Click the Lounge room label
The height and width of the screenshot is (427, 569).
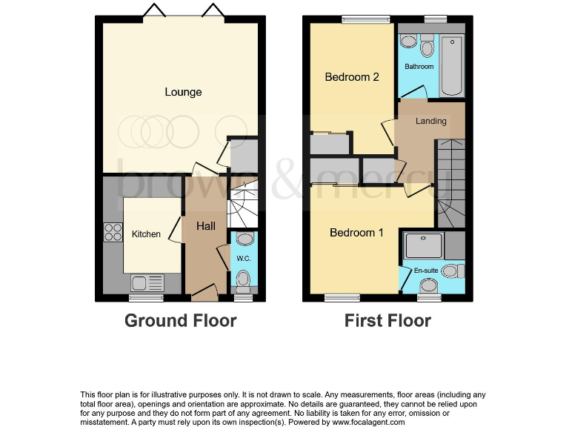[183, 92]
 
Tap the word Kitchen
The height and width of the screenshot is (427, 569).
[146, 234]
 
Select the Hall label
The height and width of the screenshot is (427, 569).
[205, 225]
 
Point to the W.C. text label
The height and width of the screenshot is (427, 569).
[243, 259]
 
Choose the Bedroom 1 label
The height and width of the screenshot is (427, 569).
[356, 233]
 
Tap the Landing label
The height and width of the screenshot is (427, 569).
[430, 121]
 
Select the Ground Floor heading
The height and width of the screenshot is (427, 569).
[180, 321]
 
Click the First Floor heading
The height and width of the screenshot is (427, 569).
[387, 321]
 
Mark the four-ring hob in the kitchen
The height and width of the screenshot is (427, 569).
[113, 232]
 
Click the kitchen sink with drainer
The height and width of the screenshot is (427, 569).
[147, 282]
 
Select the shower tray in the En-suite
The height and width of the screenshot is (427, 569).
[425, 244]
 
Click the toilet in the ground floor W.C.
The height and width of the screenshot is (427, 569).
[244, 278]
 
